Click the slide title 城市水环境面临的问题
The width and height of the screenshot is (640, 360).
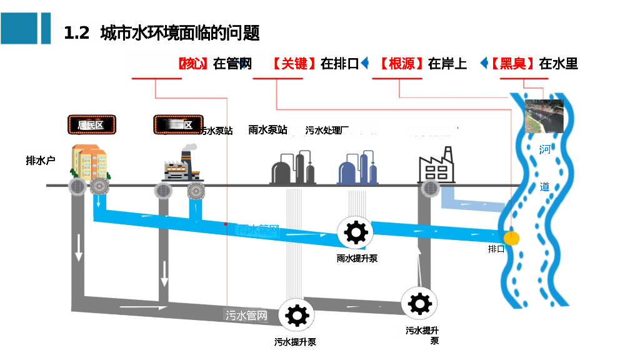179,32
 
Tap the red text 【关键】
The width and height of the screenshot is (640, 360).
294,64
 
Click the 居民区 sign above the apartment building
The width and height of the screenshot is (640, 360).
91,125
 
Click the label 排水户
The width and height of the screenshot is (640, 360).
41,161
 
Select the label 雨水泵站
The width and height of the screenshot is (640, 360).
267,130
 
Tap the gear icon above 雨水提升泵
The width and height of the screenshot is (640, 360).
356,232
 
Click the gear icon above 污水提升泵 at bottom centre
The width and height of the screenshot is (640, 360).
296,314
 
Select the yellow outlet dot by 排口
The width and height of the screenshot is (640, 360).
512,237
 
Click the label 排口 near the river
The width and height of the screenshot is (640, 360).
496,249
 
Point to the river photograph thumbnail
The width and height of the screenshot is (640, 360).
544,115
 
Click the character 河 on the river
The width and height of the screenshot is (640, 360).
546,149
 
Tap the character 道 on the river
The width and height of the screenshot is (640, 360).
545,186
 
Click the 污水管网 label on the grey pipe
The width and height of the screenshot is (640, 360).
246,316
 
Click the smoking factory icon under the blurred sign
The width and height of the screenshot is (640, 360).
181,164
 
